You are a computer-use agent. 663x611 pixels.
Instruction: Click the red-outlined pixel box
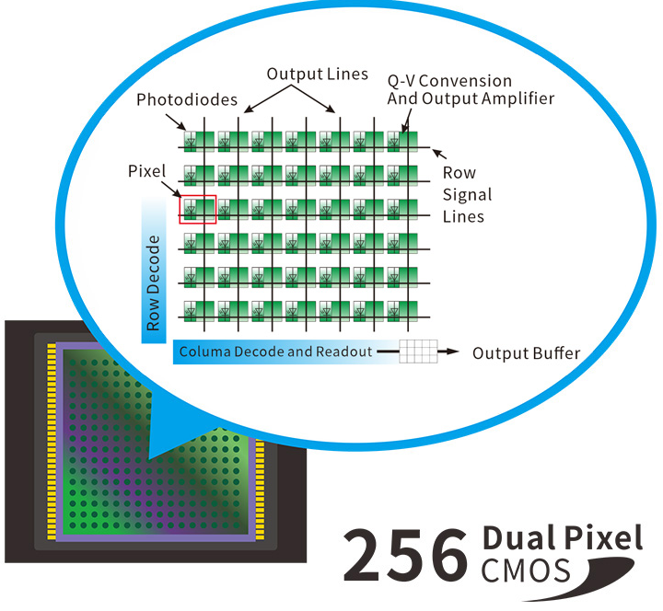tap(197, 209)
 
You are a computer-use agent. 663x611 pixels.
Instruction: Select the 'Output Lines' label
tap(317, 74)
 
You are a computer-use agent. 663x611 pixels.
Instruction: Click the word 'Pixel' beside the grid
tap(145, 172)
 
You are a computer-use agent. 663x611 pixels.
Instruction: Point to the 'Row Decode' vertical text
tap(154, 282)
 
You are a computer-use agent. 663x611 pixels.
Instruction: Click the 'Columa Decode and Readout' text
tap(275, 352)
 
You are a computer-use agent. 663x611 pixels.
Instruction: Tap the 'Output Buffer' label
tap(527, 352)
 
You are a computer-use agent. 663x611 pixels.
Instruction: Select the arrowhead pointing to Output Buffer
tap(453, 352)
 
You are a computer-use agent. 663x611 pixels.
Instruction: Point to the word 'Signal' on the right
tap(468, 194)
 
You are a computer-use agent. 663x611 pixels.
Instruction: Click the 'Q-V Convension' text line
tap(449, 82)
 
